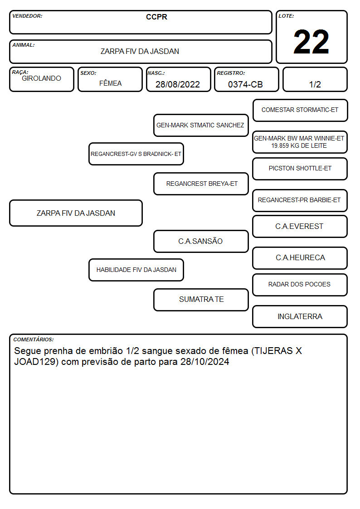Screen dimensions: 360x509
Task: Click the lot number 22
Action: coord(311,42)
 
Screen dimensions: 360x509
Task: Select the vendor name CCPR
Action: coord(156,17)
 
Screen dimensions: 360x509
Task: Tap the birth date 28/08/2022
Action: coord(178,84)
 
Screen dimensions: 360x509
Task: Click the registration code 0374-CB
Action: coord(245,84)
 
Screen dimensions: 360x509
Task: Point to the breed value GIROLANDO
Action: coord(41,78)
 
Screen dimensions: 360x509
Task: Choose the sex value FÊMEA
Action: coord(110,83)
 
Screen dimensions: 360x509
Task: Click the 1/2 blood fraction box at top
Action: coord(315,79)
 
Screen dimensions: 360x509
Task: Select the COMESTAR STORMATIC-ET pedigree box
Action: coord(300,111)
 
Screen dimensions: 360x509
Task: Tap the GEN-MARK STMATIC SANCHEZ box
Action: coord(201,125)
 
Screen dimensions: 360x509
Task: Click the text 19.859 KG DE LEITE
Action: coord(299,146)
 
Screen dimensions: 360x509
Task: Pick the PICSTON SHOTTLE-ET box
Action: coord(300,169)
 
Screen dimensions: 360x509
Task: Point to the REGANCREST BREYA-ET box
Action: coord(201,184)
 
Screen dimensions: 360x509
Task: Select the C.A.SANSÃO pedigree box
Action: coord(201,241)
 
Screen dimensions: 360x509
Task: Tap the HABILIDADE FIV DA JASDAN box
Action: coord(136,270)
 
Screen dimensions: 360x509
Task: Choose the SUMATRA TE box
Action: coord(201,300)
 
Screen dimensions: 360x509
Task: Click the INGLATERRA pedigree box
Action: coord(300,316)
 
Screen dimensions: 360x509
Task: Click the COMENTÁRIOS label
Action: coord(34,339)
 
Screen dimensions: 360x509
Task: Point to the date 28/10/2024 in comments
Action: coord(205,362)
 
